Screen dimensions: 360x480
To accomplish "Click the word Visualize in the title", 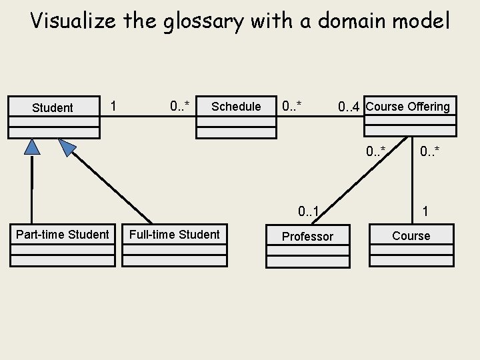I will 73,21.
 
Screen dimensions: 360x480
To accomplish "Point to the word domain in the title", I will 353,21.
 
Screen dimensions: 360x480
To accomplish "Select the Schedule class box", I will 236,117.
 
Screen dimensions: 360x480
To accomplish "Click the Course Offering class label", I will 408,107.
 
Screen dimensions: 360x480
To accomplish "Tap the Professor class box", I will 307,247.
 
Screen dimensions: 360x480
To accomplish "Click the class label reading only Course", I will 411,236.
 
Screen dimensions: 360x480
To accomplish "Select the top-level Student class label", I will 53,108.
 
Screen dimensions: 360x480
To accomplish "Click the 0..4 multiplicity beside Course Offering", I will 349,107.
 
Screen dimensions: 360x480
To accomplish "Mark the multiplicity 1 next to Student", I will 114,106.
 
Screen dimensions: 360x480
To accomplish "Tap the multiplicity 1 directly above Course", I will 425,212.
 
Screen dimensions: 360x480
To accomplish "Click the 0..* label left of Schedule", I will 180,106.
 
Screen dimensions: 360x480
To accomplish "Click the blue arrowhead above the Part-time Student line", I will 32,147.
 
